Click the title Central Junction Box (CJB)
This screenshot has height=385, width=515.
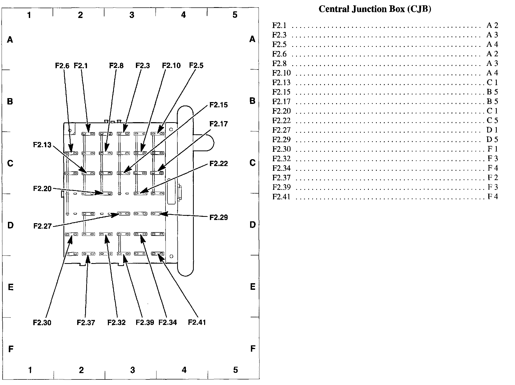pos(375,9)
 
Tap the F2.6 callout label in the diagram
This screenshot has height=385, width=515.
pos(62,66)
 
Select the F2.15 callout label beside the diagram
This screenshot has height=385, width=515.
pos(218,105)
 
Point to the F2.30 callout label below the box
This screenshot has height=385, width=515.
pos(42,323)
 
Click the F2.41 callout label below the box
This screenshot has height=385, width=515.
pos(197,322)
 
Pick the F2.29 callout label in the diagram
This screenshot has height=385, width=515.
pos(218,217)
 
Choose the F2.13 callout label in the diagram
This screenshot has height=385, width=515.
pos(42,145)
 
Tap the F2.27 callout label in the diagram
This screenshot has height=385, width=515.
pos(42,226)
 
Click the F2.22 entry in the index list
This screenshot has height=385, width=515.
pos(281,121)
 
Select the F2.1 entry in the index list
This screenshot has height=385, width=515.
pos(279,25)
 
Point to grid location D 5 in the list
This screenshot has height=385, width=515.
pos(492,140)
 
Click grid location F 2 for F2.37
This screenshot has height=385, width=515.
pos(493,178)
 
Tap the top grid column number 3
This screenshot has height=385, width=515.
pos(132,15)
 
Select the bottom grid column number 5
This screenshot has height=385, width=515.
pos(235,370)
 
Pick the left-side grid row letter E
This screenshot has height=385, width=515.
pos(11,287)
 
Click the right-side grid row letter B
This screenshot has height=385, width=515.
pos(252,101)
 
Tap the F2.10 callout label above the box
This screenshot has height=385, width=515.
pos(171,66)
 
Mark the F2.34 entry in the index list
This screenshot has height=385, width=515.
pos(281,168)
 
